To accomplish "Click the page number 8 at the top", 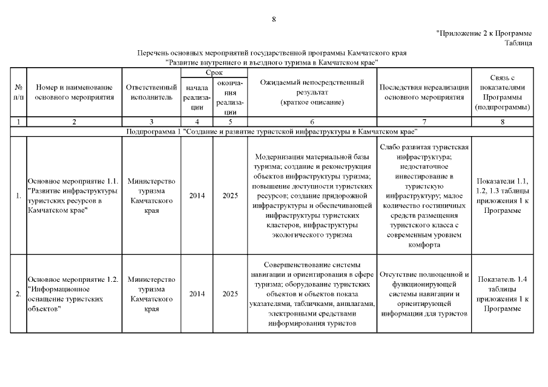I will coord(274,19).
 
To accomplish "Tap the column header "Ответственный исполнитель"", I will coord(151,92).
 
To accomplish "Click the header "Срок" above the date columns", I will coord(214,73).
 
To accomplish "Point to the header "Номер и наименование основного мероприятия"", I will coord(74,92).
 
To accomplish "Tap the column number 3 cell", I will coord(151,122).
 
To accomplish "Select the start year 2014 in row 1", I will coord(197,196).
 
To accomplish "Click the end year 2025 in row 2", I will coord(230,294).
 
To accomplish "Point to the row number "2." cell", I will coord(18,294).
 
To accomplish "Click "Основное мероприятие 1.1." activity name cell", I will coord(74,196).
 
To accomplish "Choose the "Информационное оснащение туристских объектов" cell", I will coord(74,294).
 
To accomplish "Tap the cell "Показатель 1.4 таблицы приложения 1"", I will coord(503,294).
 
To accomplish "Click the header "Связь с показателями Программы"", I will coord(503,92).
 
